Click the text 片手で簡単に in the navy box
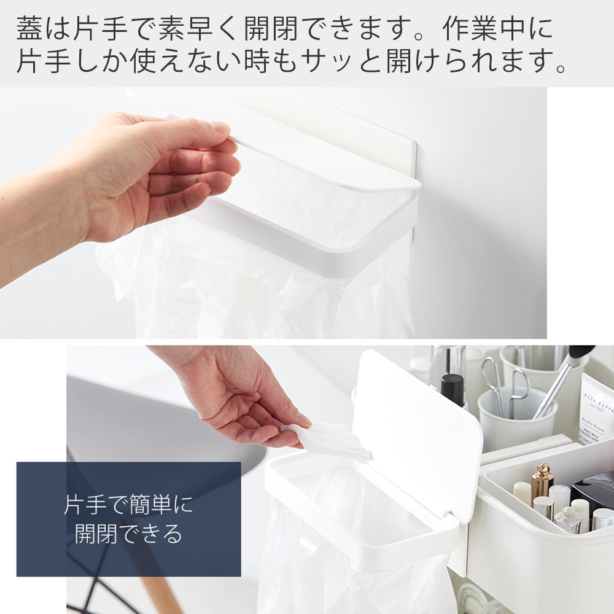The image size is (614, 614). [128, 506]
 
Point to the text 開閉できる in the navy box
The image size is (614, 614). [128, 534]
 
